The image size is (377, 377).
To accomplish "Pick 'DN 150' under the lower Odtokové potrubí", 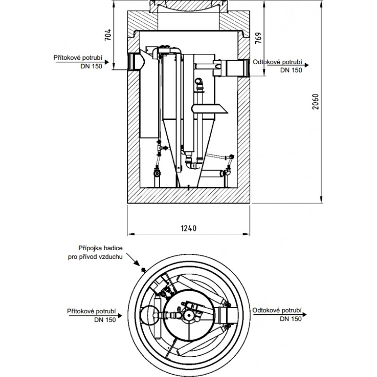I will [291, 319].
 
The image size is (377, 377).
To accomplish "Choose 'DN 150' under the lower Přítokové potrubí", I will [105, 320].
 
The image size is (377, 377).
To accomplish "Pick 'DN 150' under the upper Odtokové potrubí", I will [291, 70].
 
